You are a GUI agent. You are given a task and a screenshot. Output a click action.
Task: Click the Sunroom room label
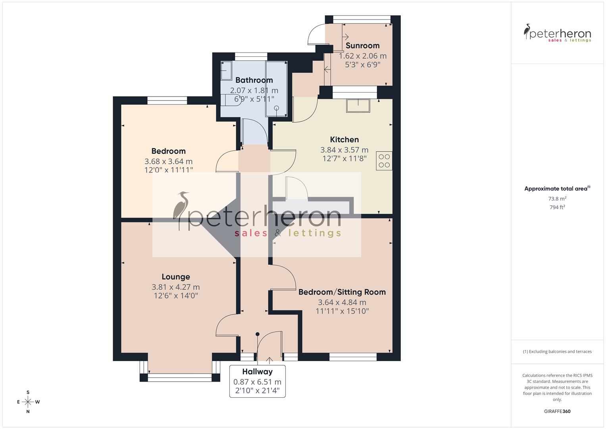point(362,46)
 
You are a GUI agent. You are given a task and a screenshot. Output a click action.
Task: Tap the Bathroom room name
point(254,80)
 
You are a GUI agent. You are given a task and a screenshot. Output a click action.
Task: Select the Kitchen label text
point(344,139)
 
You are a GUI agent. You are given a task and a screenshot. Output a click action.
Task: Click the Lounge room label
point(175,277)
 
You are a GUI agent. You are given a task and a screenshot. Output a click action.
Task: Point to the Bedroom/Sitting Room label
point(342,292)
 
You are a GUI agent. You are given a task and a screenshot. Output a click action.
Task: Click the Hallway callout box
point(257,381)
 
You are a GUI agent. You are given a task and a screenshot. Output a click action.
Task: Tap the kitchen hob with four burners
point(384,161)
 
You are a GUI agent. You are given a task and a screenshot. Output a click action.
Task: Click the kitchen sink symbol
point(358,106)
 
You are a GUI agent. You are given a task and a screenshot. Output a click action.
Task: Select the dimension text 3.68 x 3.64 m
point(168,162)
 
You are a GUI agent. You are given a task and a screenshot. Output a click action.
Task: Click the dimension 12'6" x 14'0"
point(175,296)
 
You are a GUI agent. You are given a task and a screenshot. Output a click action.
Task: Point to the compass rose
point(28,402)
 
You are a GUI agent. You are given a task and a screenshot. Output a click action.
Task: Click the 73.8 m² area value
point(557,199)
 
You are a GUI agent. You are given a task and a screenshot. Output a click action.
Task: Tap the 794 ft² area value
point(557,207)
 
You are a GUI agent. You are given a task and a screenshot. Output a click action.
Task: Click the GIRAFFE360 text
point(557,412)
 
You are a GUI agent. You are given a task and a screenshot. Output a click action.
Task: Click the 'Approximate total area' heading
point(556,189)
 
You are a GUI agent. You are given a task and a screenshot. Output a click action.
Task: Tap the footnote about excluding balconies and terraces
point(557,352)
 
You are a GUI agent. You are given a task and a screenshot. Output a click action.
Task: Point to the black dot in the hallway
point(257,334)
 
